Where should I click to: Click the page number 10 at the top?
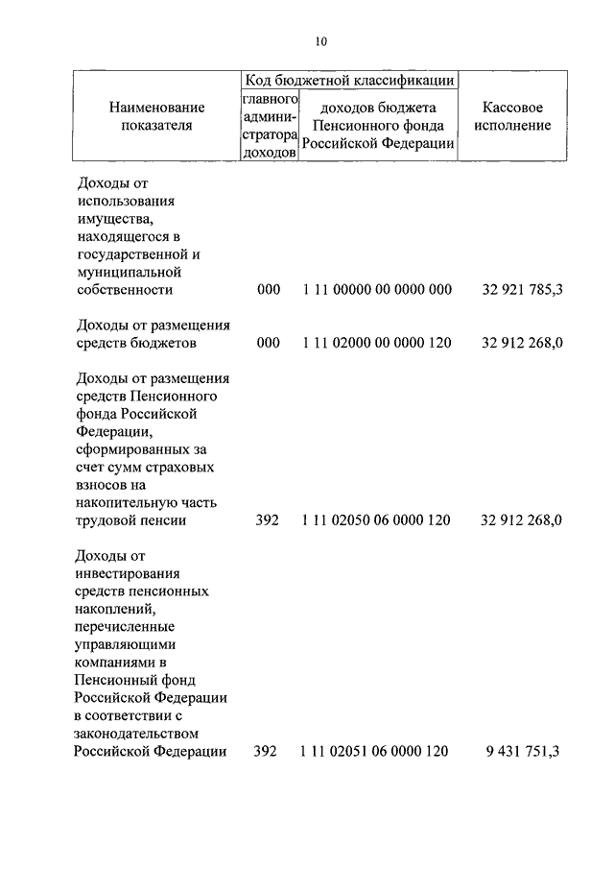[x=321, y=40]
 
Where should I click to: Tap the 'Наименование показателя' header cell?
[x=156, y=116]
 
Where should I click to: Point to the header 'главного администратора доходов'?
[x=270, y=126]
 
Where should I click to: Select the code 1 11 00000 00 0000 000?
[x=376, y=288]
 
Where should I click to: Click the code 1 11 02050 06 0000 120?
[x=376, y=520]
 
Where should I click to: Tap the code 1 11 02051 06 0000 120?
[x=374, y=752]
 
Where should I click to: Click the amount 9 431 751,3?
[x=524, y=752]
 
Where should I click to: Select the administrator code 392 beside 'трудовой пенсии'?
[x=268, y=520]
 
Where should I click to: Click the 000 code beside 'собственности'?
[x=269, y=288]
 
